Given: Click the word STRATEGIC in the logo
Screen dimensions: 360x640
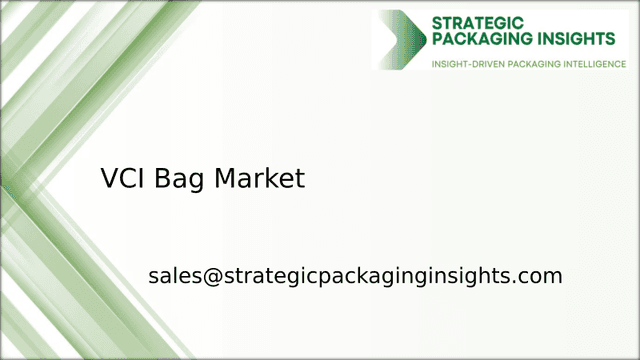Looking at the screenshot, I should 477,21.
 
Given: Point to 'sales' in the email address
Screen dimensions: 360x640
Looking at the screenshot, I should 174,276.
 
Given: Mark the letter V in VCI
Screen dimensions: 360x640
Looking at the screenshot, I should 109,179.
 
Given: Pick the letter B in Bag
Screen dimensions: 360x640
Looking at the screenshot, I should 161,179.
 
